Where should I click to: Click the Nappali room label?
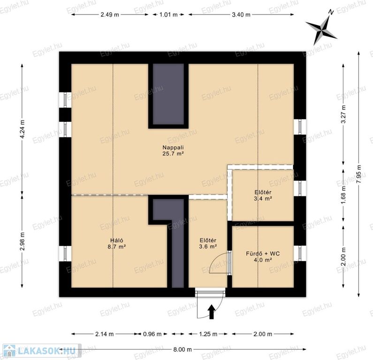(x=173, y=147)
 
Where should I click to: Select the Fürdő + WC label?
(x=263, y=254)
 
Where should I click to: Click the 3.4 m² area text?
(x=263, y=198)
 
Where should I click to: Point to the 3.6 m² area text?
(x=208, y=247)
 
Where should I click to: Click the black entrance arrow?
(x=212, y=312)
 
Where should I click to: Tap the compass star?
(x=321, y=29)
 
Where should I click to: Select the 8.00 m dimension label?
(x=182, y=349)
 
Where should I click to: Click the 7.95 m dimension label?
(x=359, y=174)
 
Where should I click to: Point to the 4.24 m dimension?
(x=22, y=129)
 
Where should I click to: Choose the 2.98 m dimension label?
(x=22, y=241)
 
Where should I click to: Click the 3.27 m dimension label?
(x=343, y=114)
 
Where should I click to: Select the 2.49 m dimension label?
(x=110, y=15)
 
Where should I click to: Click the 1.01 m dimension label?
(x=168, y=15)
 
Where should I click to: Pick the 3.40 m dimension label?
(x=241, y=15)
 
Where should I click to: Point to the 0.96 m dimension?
(x=152, y=334)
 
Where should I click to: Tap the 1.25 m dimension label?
(x=208, y=334)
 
